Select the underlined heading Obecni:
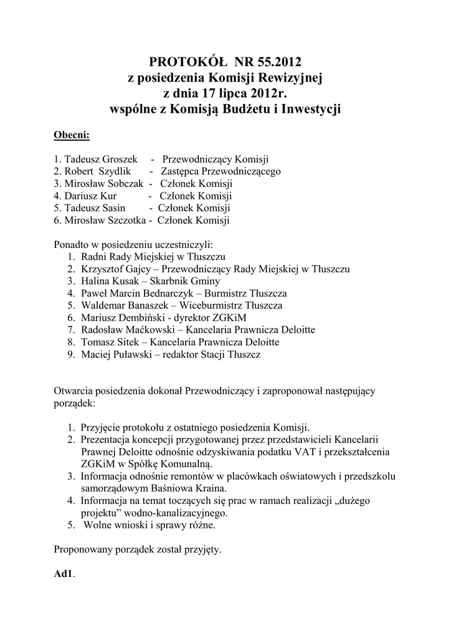coord(72,135)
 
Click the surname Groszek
coord(117,159)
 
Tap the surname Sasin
coord(112,208)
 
